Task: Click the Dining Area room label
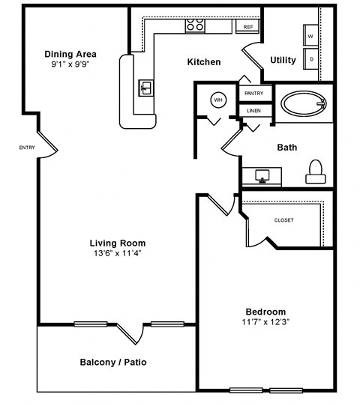coord(70,53)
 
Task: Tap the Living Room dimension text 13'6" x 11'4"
coord(117,253)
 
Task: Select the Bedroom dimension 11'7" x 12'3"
coord(265,322)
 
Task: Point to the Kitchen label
coord(203,61)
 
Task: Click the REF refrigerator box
coord(247,27)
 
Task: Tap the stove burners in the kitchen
coord(196,25)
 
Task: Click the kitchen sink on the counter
coord(146,88)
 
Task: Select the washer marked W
coord(310,34)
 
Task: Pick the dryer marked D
coord(310,58)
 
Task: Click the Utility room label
coord(283,60)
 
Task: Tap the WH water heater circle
coord(217,100)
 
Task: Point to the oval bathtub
coord(304,103)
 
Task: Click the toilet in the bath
coord(316,172)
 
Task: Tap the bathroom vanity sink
coord(262,176)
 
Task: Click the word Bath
coord(286,148)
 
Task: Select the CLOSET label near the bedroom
coord(283,220)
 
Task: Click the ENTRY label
coord(27,148)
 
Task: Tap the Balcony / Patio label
coord(112,363)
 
